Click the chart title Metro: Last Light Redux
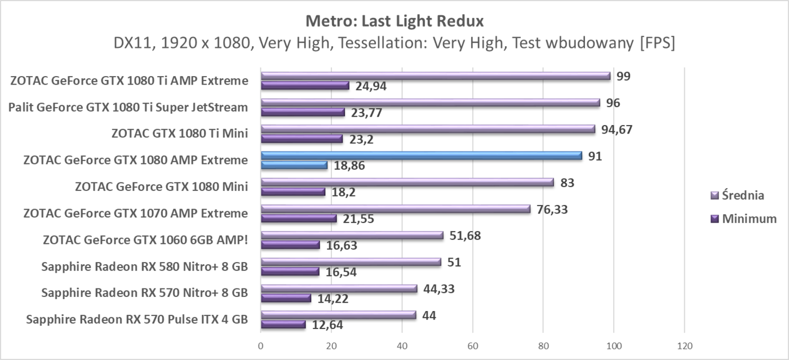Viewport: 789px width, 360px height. pyautogui.click(x=394, y=21)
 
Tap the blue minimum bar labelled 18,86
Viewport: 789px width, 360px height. pyautogui.click(x=294, y=165)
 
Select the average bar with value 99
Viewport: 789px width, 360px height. pyautogui.click(x=435, y=76)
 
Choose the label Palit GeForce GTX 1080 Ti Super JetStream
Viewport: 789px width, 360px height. pyautogui.click(x=128, y=107)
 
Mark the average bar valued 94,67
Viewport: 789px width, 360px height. pyautogui.click(x=428, y=129)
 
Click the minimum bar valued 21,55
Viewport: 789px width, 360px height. pyautogui.click(x=299, y=218)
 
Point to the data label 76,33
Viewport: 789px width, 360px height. pyautogui.click(x=552, y=210)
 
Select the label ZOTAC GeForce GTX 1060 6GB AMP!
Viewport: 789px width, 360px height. pyautogui.click(x=145, y=240)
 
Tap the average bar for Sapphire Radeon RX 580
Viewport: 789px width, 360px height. pyautogui.click(x=351, y=262)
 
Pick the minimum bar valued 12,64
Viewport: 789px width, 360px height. pyautogui.click(x=283, y=325)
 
